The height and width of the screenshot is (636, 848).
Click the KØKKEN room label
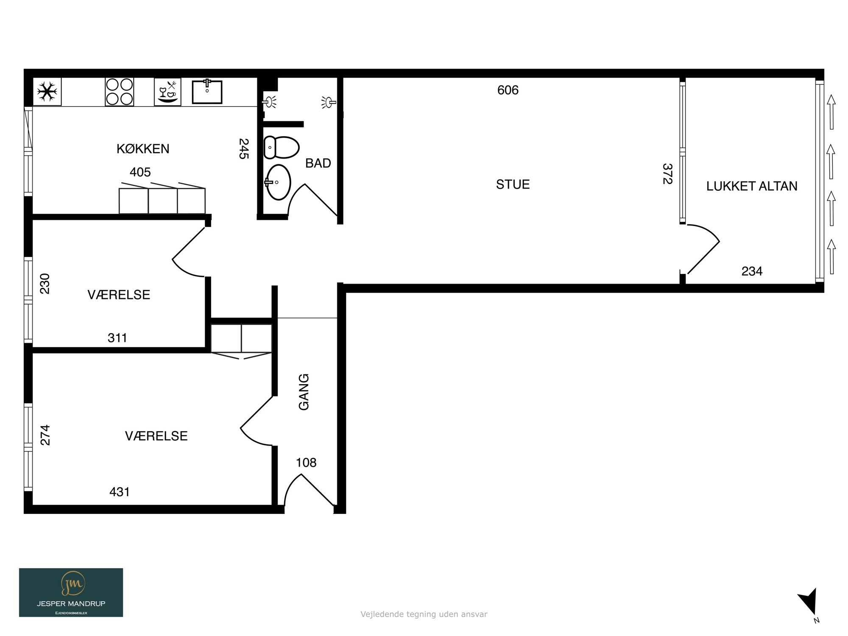tap(143, 149)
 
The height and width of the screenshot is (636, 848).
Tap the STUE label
tap(513, 184)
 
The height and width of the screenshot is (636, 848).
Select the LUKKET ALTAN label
tap(752, 186)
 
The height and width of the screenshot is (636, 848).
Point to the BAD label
tap(318, 163)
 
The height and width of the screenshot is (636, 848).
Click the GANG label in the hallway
tap(304, 392)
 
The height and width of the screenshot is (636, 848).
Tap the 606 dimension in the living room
tap(508, 90)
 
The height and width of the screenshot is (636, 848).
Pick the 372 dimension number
tap(667, 174)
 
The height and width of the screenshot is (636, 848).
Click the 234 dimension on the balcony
tap(752, 271)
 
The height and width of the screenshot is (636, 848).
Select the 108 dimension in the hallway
tap(306, 463)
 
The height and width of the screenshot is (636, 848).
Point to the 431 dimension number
tap(120, 492)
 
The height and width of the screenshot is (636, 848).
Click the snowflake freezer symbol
tap(47, 92)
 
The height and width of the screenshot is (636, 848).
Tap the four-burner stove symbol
tap(120, 92)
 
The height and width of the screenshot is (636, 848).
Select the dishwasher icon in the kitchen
tap(167, 92)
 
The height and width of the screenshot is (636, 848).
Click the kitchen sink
tap(207, 92)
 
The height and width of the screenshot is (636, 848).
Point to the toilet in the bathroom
tap(282, 147)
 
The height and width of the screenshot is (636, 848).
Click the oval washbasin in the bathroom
tap(279, 182)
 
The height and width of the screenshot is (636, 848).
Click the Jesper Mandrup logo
tap(71, 592)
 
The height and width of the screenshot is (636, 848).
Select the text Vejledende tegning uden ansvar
tap(424, 614)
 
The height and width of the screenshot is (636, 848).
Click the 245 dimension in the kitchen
tap(244, 149)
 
